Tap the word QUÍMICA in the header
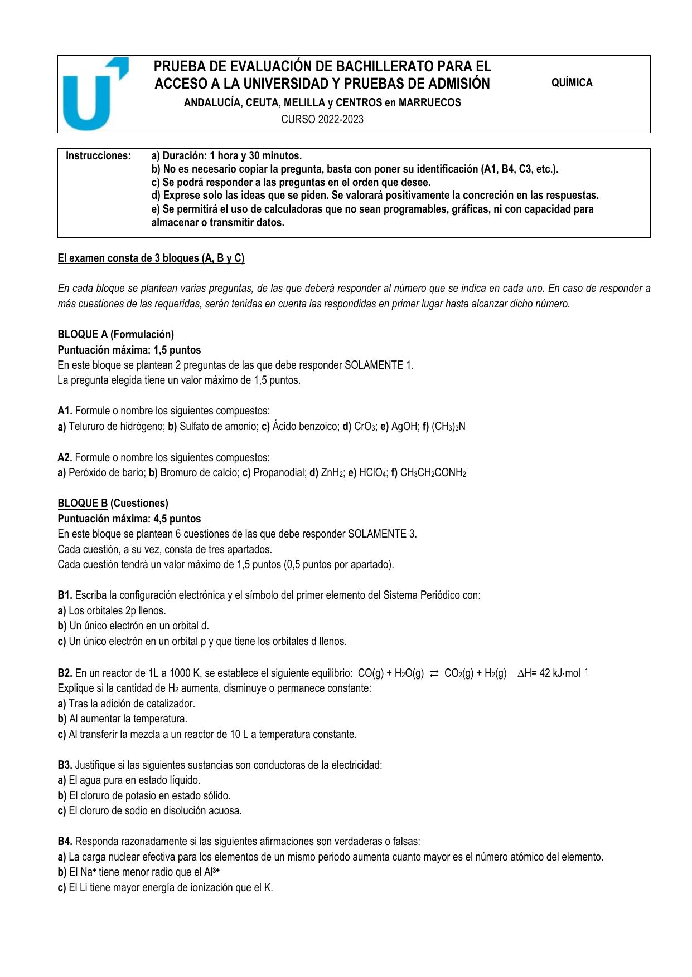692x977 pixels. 572,83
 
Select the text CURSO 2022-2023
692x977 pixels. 322,119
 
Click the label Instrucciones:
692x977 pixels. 99,155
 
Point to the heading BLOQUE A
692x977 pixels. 83,334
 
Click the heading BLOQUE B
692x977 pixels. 83,503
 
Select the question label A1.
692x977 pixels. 65,411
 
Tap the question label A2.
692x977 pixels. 65,457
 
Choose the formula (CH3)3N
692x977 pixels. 448,427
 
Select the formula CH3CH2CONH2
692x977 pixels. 433,473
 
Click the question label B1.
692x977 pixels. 65,595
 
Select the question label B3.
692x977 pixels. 65,765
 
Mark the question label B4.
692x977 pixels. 65,841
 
